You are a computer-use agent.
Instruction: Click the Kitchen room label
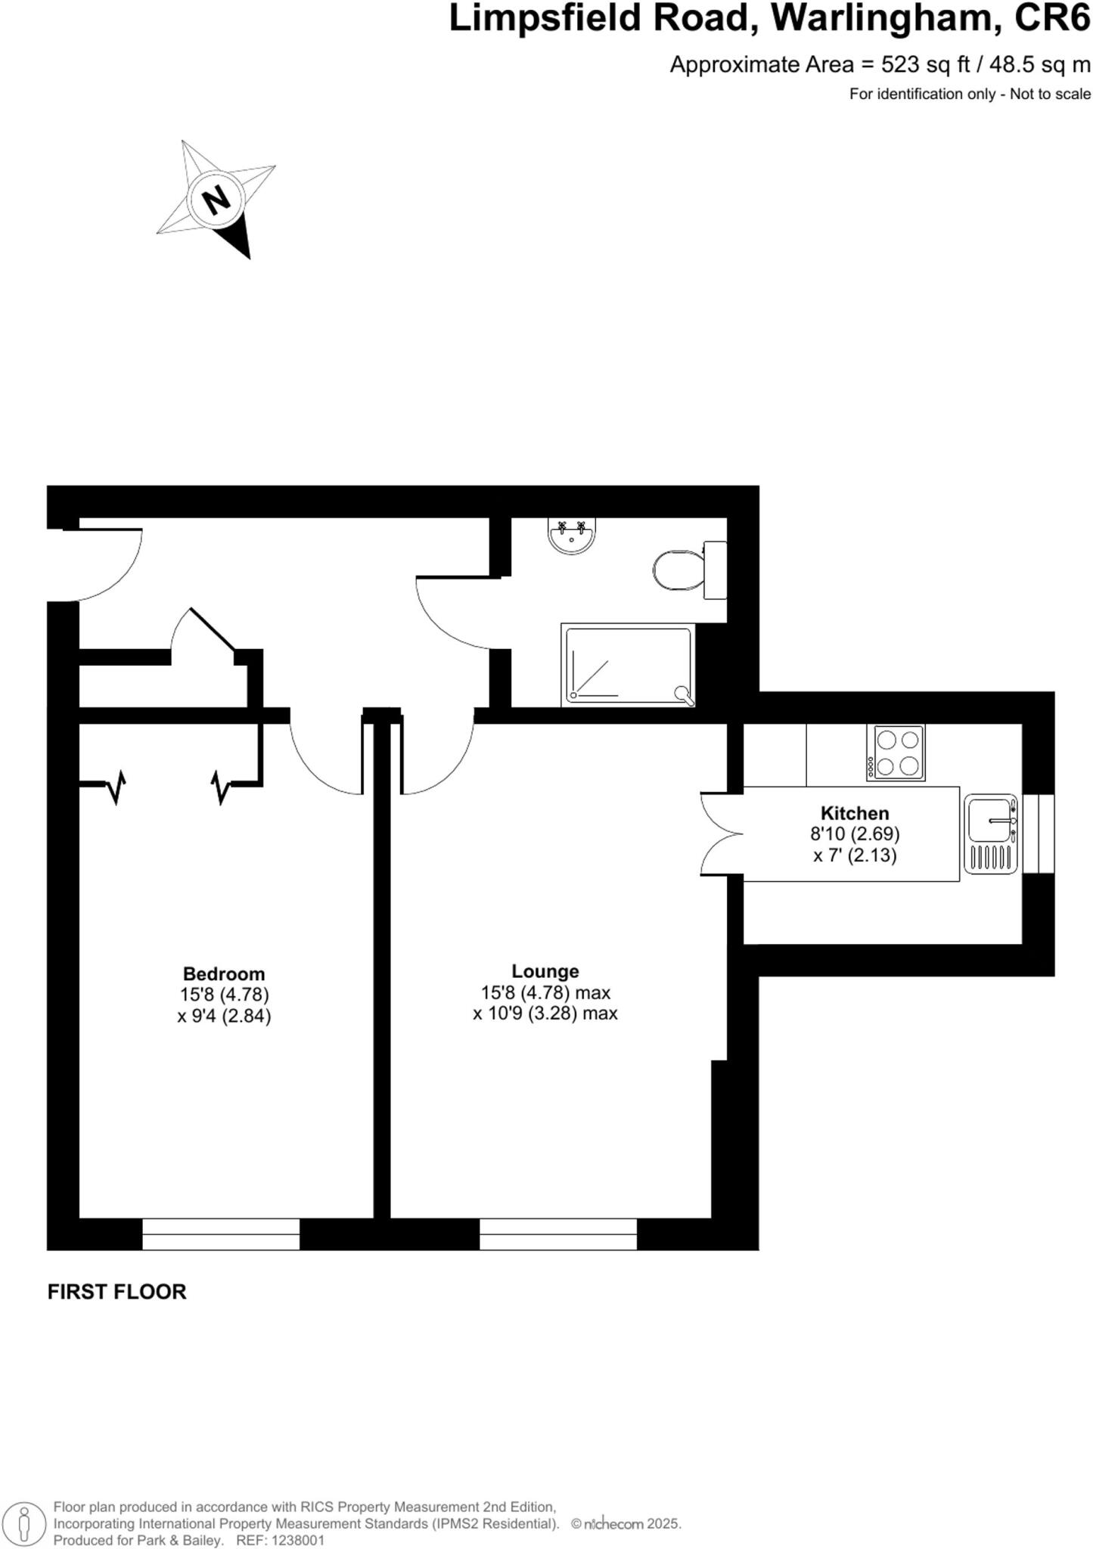855,813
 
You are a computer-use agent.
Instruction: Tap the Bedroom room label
224,973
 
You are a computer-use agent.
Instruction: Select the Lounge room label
545,971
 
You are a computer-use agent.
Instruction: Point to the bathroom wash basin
571,535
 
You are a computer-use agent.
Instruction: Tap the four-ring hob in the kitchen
896,752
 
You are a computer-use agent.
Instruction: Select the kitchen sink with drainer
991,834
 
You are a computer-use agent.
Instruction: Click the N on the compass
216,200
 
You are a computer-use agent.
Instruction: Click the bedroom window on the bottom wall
221,1234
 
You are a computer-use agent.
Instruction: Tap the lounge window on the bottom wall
558,1234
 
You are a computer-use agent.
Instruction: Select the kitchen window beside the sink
1038,833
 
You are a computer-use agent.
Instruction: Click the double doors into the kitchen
721,833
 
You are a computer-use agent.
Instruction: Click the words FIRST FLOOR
116,1292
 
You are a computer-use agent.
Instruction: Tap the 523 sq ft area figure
925,65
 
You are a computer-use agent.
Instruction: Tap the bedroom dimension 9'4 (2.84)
224,1016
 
